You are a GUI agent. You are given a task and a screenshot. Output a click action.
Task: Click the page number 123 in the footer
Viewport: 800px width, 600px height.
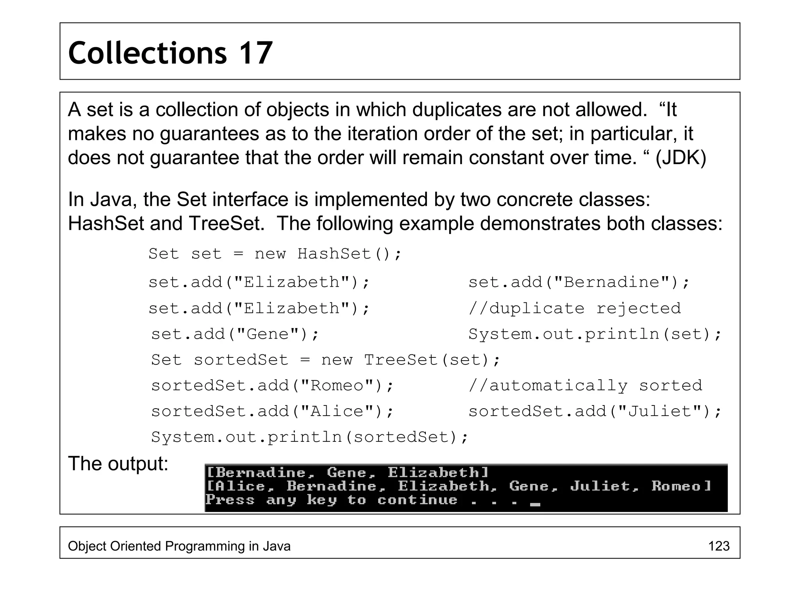(x=719, y=546)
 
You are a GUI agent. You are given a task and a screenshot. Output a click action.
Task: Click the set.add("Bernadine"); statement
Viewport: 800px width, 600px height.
(x=579, y=282)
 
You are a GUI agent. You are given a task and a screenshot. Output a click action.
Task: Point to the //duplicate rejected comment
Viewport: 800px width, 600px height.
(x=575, y=308)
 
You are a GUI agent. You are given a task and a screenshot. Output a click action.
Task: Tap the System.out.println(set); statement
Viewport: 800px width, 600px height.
(x=595, y=334)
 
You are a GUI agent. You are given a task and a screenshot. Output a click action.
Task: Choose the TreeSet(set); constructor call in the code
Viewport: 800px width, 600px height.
(x=432, y=360)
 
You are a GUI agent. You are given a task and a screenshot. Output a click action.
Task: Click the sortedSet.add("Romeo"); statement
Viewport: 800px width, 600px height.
(x=273, y=386)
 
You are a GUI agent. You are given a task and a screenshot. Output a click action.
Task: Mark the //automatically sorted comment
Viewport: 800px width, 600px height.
(x=585, y=386)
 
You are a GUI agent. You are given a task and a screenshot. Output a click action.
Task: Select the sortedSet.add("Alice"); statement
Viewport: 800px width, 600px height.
(x=273, y=411)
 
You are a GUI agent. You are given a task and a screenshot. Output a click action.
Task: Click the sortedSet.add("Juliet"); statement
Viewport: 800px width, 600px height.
(x=595, y=411)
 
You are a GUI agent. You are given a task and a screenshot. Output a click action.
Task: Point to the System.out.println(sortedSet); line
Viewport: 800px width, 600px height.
(x=309, y=437)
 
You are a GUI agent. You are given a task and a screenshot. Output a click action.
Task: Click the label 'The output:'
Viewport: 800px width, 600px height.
(x=118, y=464)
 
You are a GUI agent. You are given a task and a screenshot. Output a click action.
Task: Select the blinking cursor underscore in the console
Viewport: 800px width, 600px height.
(x=535, y=504)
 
